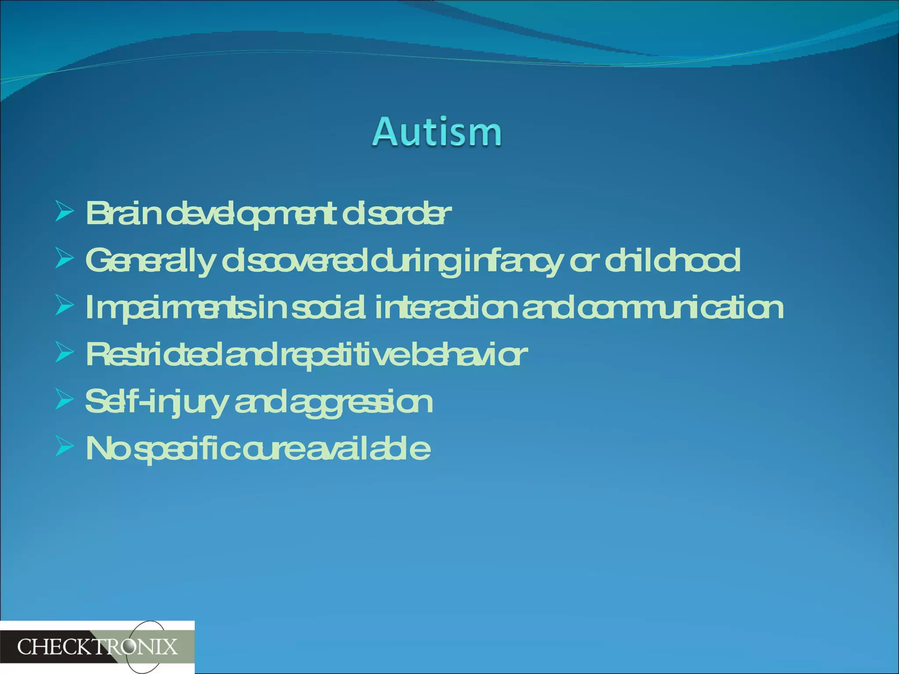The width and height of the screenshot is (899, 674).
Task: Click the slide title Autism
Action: pos(437,132)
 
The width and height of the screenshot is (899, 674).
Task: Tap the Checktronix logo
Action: pos(97,647)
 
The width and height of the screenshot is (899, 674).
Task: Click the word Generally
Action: pos(150,261)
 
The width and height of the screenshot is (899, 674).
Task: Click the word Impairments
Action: pos(169,308)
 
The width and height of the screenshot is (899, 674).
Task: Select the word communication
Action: pos(680,308)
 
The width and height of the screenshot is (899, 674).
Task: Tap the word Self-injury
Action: pos(156,402)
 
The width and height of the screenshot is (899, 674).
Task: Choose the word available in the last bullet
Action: pos(368,448)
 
